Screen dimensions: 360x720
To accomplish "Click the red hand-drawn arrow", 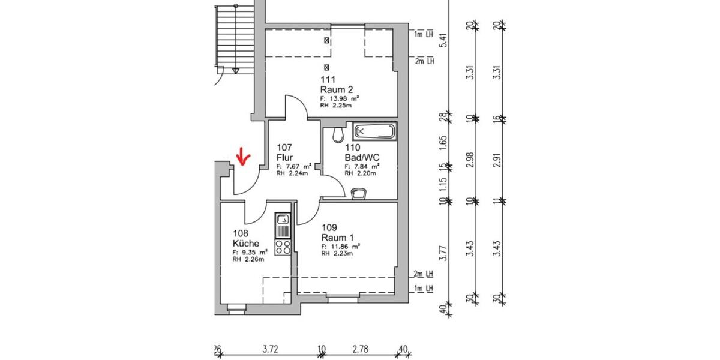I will point(243,157).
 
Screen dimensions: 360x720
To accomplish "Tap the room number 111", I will point(328,79).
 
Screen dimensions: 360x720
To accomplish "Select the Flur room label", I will point(284,157).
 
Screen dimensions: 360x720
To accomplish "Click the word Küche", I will point(246,244).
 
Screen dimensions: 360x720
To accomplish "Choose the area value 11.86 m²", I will point(340,246).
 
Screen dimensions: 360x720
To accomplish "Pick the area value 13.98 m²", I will point(340,98).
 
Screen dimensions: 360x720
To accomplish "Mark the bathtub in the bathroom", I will point(374,131).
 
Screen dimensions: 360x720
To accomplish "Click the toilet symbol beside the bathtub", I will point(339,133).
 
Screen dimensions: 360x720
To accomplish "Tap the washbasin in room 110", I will point(359,193).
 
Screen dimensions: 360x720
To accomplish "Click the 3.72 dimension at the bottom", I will point(271,347).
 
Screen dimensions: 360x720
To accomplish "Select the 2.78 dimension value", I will point(360,347).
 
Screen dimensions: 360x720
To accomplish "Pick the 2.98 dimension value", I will point(471,160).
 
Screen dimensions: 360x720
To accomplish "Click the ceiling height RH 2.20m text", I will point(360,173).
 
